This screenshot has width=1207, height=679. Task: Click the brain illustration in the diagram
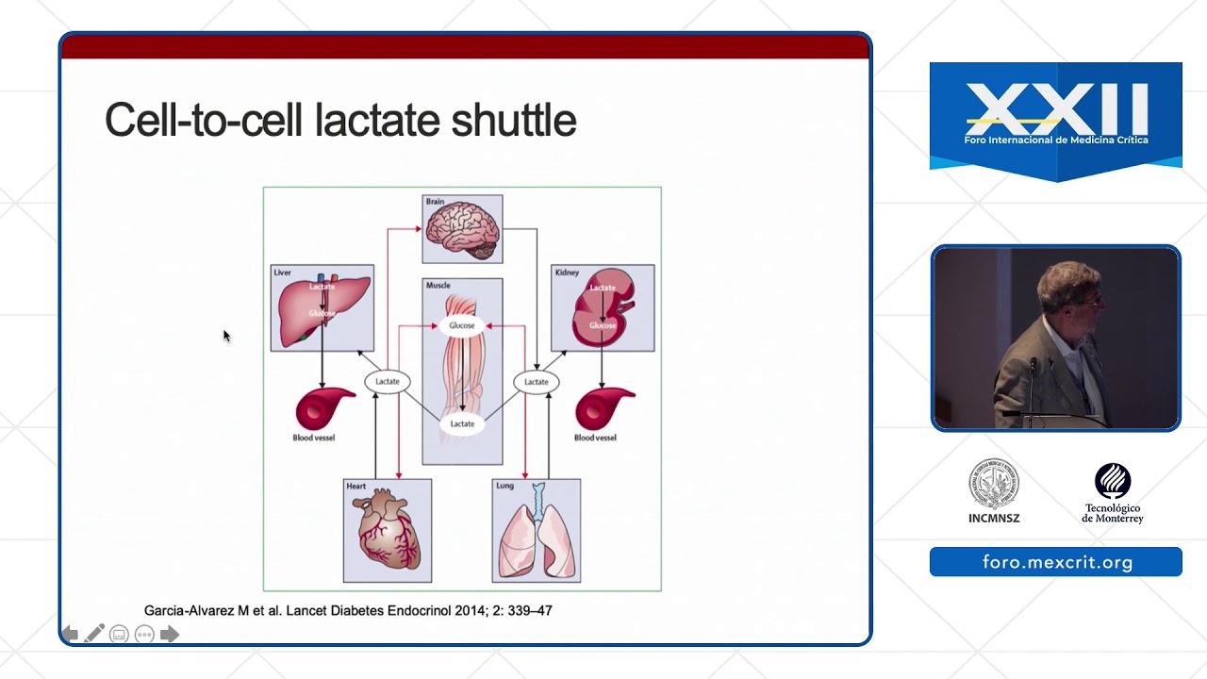click(x=462, y=231)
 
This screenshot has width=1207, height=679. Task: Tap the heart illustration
click(x=388, y=533)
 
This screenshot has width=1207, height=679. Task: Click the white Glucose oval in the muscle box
click(x=462, y=325)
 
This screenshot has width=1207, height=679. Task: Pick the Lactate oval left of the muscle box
click(x=388, y=381)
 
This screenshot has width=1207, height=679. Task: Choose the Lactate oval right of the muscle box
click(x=537, y=381)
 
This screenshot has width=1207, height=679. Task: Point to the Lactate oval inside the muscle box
click(x=462, y=424)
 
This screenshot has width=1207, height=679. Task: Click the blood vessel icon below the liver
click(x=323, y=409)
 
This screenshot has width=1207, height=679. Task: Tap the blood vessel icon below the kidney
click(x=603, y=409)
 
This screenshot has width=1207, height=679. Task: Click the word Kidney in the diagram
click(x=567, y=273)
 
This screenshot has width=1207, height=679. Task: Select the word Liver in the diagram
click(x=283, y=273)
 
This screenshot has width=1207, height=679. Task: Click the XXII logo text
click(x=1056, y=108)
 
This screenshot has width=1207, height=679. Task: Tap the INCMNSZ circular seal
click(x=994, y=485)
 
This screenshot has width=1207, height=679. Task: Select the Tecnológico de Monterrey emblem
click(x=1113, y=481)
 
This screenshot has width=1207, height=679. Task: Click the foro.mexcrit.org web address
click(x=1056, y=562)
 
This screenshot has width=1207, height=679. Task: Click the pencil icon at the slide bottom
click(x=94, y=634)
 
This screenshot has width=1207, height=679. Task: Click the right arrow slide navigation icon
click(x=170, y=634)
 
